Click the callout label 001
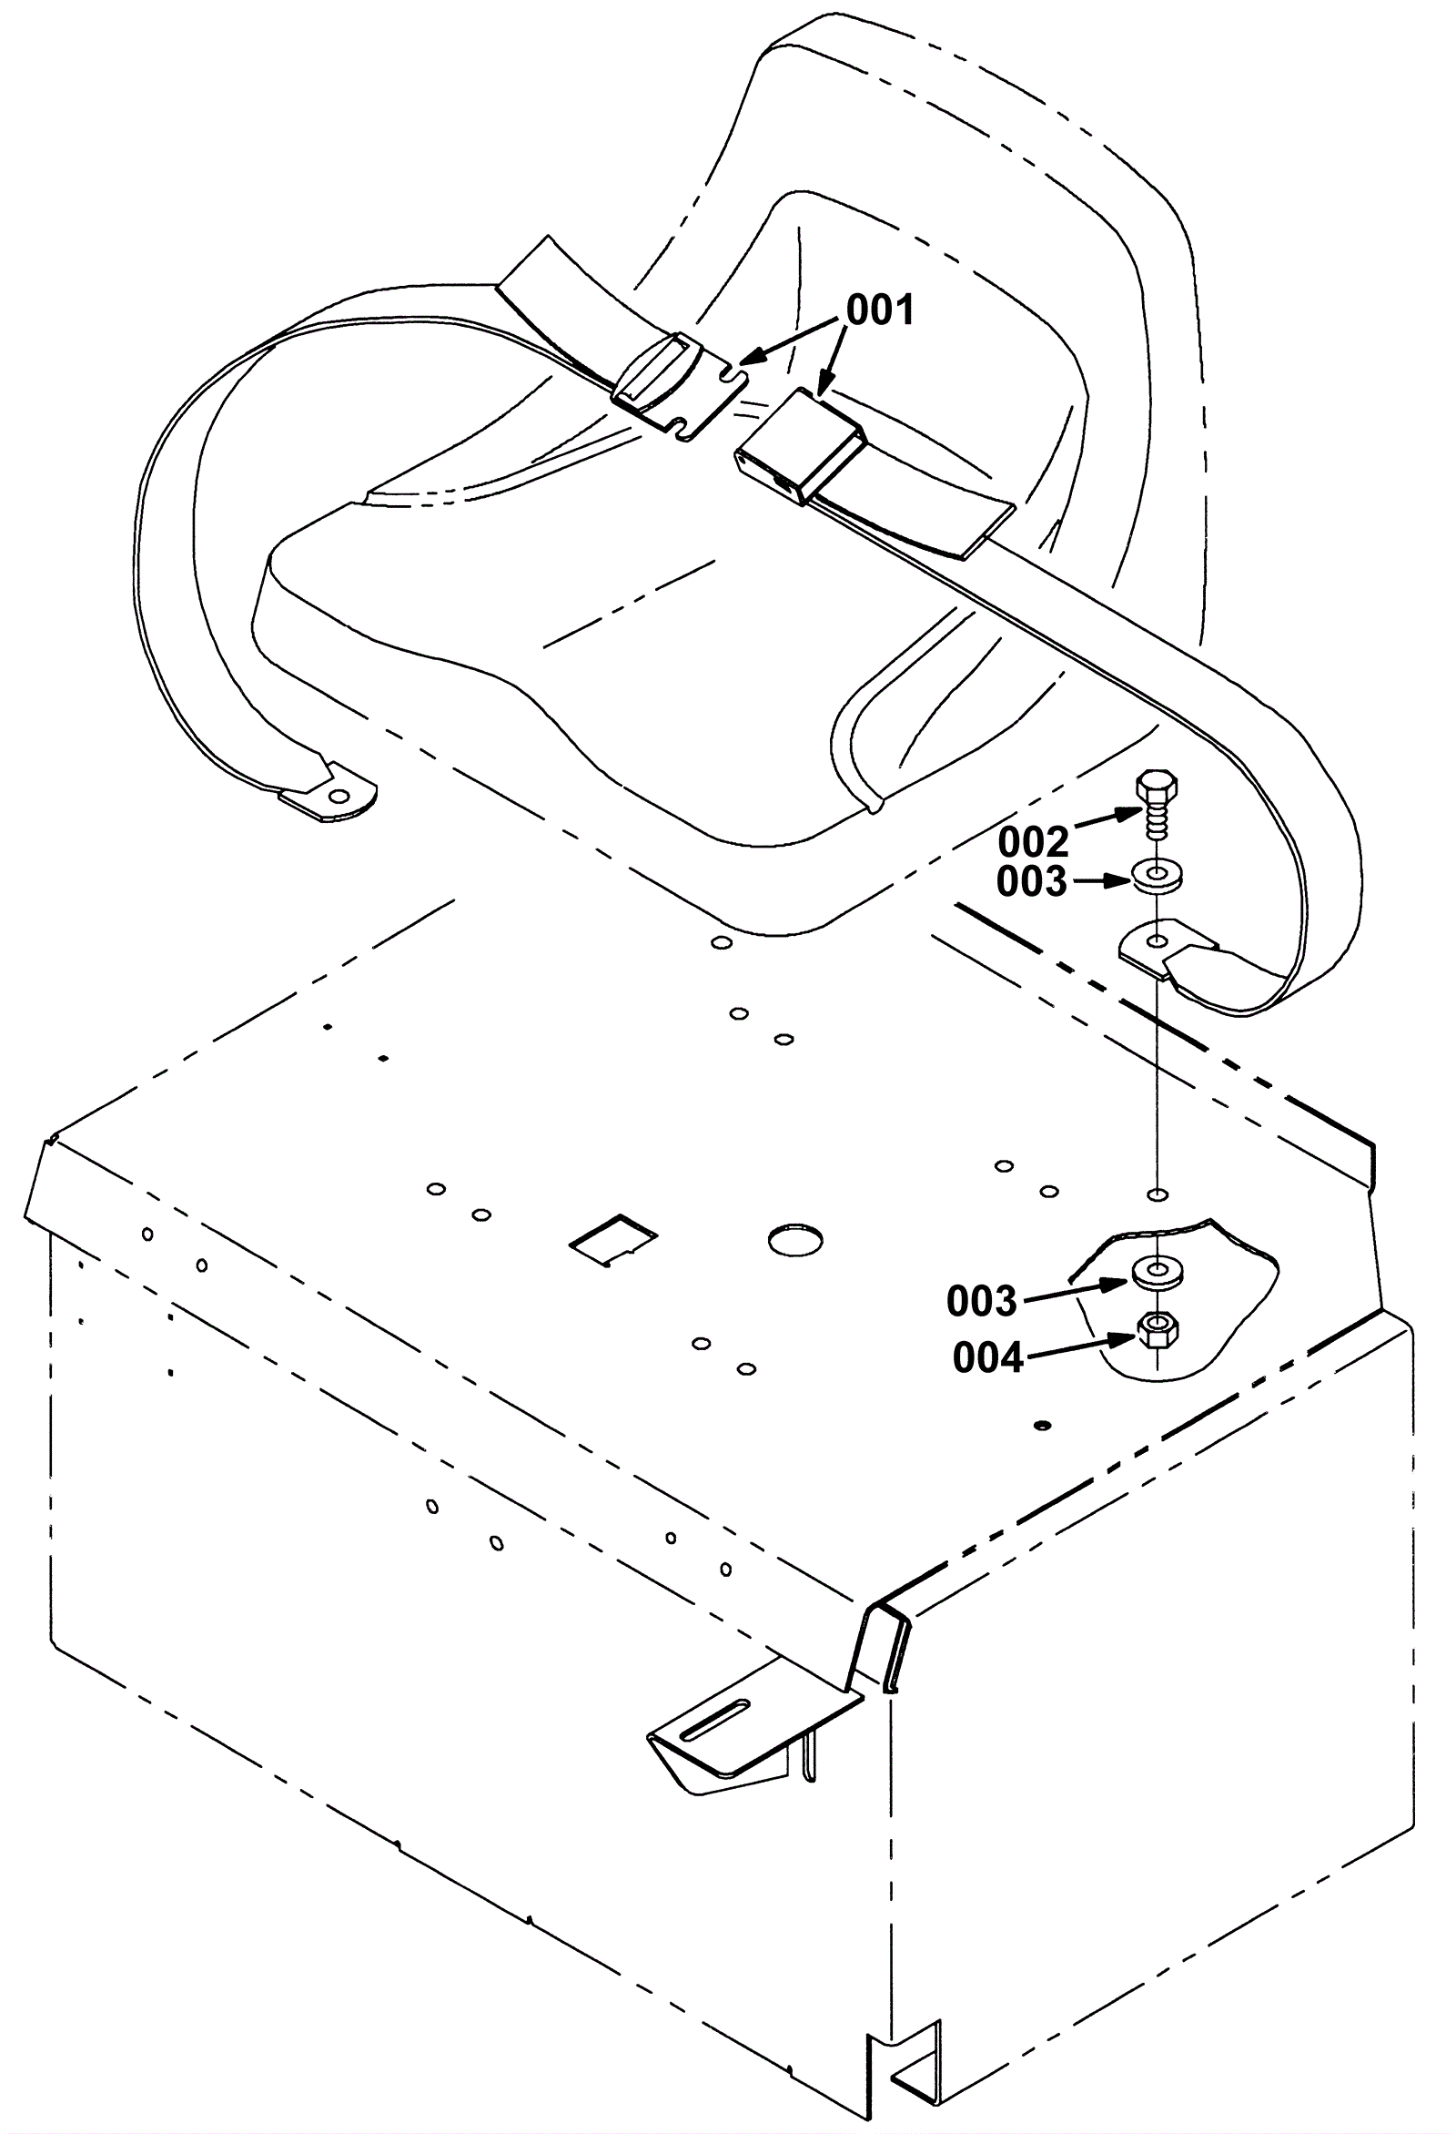880,311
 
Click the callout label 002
1034,842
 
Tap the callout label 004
987,1358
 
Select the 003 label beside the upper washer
1032,881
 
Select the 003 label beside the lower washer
982,1301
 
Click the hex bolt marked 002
1157,804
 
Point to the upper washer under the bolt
1158,875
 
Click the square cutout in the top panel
614,1241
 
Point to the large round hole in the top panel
795,1240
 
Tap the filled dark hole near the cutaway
1041,1425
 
